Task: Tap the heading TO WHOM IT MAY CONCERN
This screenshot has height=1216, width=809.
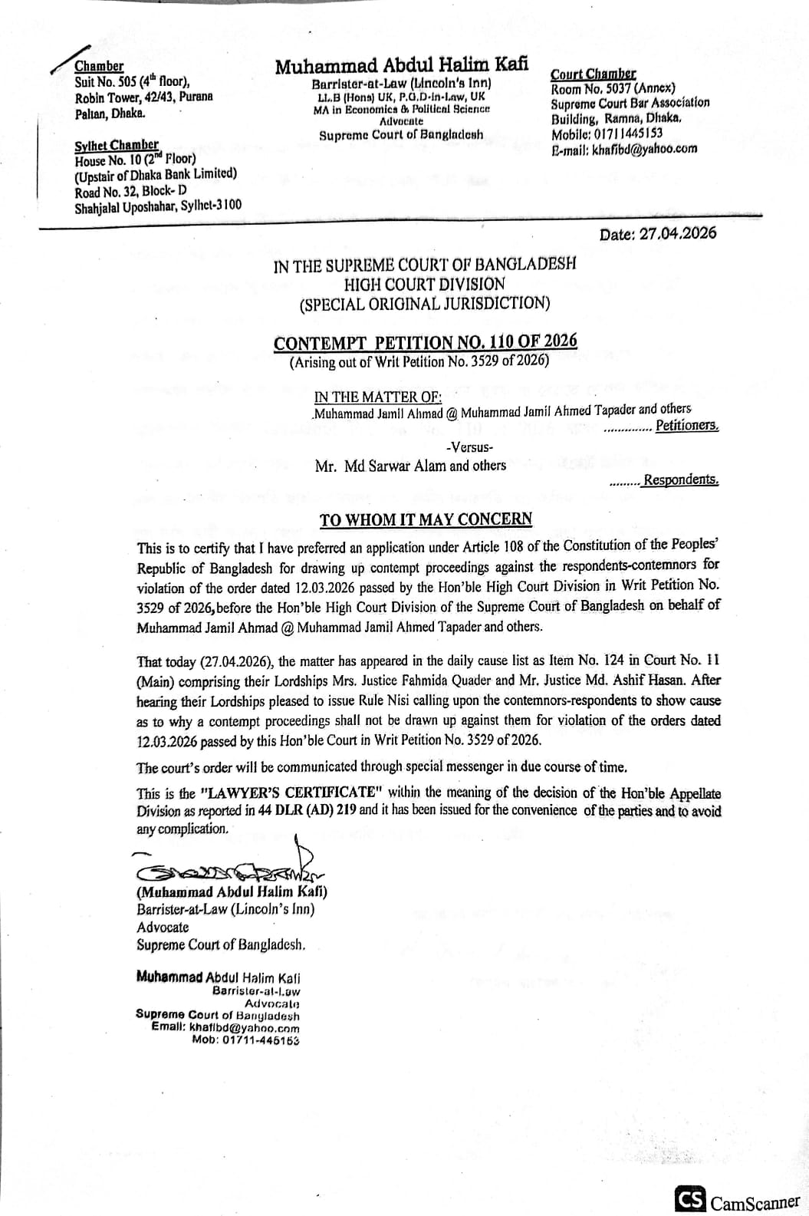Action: click(426, 519)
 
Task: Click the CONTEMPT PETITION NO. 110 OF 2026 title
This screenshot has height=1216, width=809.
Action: click(426, 342)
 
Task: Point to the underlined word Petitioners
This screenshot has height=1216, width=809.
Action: click(687, 426)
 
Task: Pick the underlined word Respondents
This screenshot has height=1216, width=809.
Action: click(681, 480)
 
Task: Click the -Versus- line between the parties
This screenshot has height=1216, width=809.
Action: click(469, 447)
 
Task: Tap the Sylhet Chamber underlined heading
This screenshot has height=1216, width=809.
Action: click(117, 145)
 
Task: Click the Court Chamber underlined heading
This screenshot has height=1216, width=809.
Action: click(593, 74)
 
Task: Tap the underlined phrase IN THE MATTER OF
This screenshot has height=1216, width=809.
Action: click(378, 397)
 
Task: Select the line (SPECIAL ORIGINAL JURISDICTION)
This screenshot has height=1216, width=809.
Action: click(425, 303)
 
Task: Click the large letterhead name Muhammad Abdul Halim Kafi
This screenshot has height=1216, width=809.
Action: click(401, 66)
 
